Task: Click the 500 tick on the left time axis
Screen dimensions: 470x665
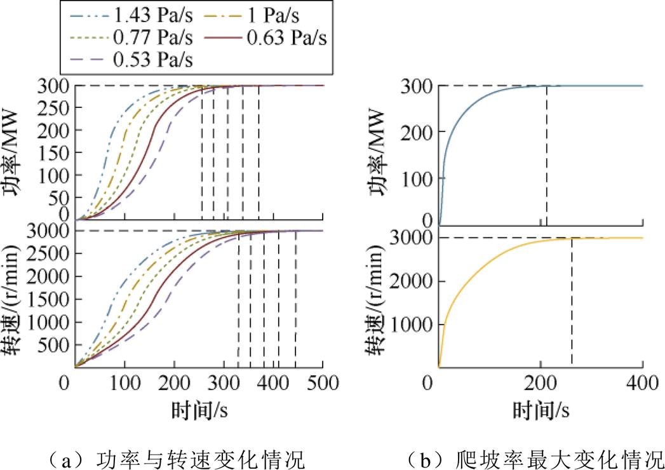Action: [323, 385]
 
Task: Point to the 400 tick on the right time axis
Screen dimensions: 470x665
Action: [642, 385]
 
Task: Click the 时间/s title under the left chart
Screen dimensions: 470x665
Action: [199, 410]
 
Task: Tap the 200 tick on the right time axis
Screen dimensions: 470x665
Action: [540, 385]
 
